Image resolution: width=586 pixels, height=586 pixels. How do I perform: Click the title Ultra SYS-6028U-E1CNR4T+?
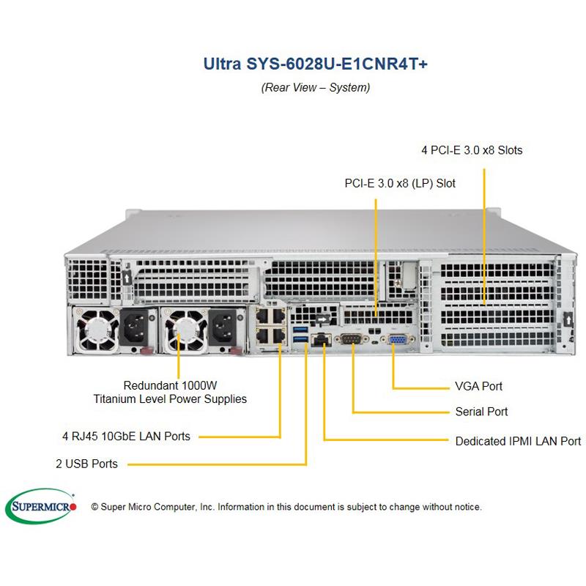[315, 64]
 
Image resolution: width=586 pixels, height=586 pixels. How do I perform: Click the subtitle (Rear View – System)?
[315, 87]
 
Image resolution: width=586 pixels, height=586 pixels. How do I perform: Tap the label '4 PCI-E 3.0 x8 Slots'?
[472, 150]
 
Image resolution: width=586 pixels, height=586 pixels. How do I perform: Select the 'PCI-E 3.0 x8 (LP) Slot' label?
[400, 183]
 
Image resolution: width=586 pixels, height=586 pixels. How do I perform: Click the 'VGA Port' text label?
[478, 386]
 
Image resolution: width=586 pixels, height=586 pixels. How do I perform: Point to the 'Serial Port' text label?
[481, 412]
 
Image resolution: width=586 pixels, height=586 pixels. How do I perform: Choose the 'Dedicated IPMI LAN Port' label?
[518, 441]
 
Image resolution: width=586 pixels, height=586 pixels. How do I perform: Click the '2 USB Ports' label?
[86, 464]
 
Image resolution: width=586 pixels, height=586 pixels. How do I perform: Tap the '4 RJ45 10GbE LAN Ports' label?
[126, 437]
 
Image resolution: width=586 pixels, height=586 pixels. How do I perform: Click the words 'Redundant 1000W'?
[170, 385]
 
